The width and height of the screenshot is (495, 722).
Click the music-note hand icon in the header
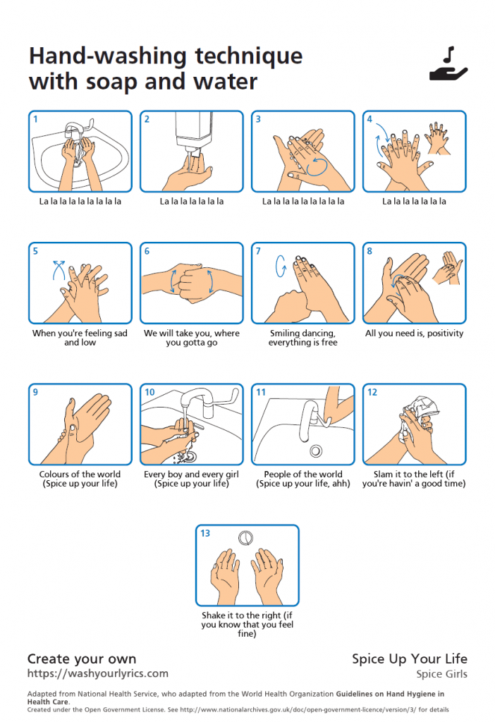click(448, 64)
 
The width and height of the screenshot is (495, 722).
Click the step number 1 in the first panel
click(36, 119)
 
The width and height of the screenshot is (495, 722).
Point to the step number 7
click(258, 251)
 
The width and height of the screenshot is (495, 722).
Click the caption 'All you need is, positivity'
click(414, 334)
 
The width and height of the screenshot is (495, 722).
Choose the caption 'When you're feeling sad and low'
click(80, 338)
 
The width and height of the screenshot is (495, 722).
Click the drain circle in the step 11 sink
click(315, 450)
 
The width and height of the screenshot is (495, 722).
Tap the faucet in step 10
click(201, 403)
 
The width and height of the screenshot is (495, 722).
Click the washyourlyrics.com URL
click(97, 673)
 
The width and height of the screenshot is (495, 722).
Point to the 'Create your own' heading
click(82, 659)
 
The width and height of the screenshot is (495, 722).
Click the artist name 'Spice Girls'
click(441, 674)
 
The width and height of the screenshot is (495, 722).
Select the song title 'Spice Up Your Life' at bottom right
click(409, 659)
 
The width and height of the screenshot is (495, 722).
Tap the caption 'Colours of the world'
click(80, 475)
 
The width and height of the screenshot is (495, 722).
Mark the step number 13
click(204, 533)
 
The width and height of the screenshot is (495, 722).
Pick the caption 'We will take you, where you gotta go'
click(191, 338)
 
